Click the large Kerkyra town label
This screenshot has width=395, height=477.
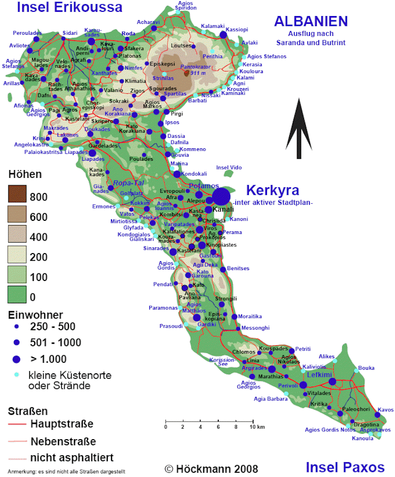(273, 190)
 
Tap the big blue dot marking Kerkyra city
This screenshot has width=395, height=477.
(221, 197)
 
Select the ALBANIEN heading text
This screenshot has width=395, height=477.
(311, 21)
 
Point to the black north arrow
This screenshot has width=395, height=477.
(299, 129)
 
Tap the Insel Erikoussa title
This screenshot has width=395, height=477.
(69, 7)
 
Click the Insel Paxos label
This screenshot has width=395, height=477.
(345, 467)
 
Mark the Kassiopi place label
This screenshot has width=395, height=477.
(237, 30)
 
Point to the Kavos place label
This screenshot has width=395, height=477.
(386, 410)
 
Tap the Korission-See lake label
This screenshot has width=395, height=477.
(218, 362)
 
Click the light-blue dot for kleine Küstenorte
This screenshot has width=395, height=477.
(16, 374)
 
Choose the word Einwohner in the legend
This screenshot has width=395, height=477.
(36, 315)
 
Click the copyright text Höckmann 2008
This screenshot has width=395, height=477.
(211, 469)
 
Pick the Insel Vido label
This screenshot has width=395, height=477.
(229, 167)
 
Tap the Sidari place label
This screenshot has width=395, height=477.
(69, 33)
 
